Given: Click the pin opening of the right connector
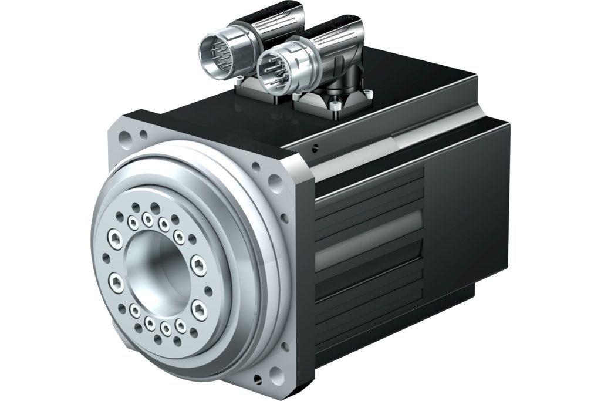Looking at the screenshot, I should [272, 65].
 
